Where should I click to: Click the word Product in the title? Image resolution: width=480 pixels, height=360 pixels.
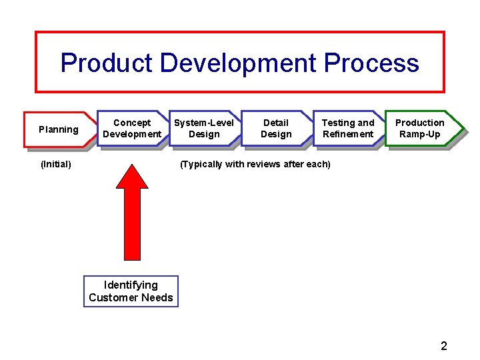coord(107,63)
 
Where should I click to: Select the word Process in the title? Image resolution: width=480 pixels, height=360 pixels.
coord(371,63)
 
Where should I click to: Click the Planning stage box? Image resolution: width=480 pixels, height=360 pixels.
coord(59,129)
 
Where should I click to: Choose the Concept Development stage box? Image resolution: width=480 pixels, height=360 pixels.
coord(132,128)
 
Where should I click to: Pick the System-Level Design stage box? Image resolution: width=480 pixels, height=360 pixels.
coord(204,128)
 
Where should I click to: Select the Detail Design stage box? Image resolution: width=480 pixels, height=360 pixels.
coord(276,128)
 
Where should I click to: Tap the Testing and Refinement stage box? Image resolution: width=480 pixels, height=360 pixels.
coord(348,128)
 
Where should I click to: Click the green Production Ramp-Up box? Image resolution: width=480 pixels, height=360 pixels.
coord(420,128)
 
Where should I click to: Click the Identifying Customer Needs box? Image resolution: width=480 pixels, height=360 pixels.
coord(131,291)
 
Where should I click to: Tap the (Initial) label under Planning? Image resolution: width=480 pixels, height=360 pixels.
coord(56,164)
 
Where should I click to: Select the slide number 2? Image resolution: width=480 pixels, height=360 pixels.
coord(444,345)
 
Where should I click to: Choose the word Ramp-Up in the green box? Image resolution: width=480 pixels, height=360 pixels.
coord(420,134)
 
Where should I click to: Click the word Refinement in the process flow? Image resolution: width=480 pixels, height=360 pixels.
coord(348,134)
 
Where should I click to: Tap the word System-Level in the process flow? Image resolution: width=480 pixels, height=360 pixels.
coord(204,123)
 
